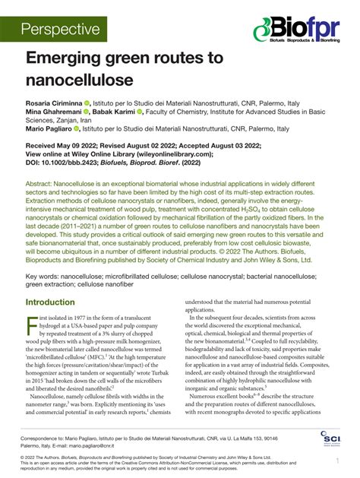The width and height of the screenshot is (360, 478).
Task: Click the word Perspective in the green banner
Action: pos(61,30)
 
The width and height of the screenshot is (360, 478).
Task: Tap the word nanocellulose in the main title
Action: pos(80,79)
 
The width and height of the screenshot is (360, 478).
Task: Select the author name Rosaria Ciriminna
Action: pos(55,101)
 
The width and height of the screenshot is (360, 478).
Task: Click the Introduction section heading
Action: pos(55,280)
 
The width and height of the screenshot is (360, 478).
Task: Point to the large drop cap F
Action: pos(31,305)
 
